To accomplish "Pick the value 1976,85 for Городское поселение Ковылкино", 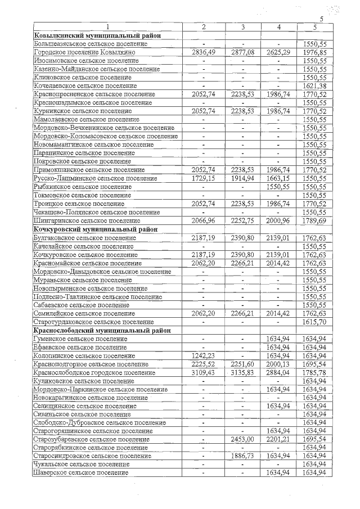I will (315, 52).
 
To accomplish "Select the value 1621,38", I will (315, 85).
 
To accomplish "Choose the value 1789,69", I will (315, 221).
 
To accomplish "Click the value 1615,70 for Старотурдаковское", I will (315, 322).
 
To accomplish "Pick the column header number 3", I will (242, 27).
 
